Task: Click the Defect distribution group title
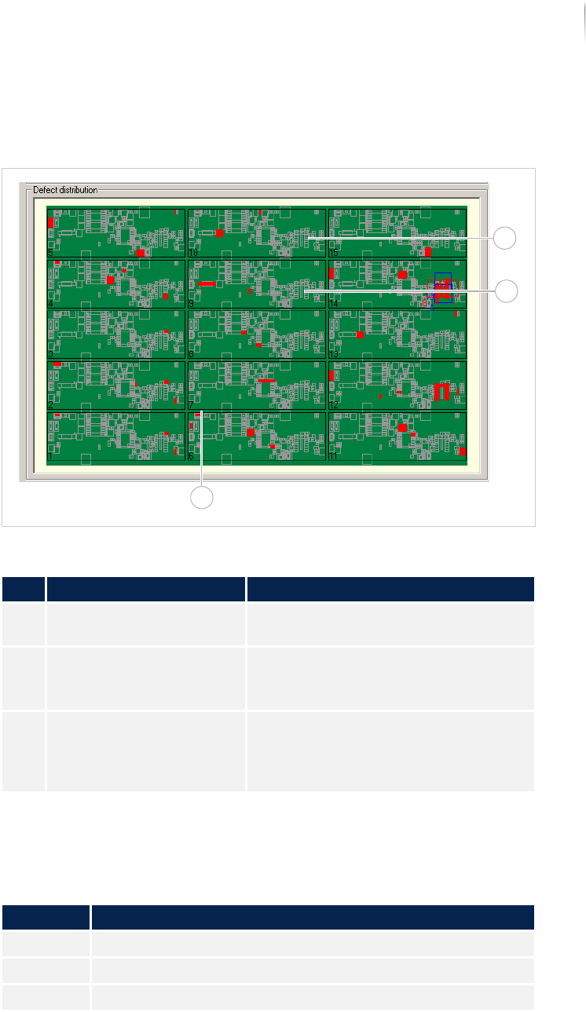tap(65, 190)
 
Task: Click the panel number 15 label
tap(334, 253)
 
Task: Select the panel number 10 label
tap(193, 253)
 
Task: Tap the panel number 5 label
tap(50, 253)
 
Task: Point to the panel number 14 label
tap(334, 303)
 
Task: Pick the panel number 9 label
tap(191, 303)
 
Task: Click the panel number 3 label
tap(50, 354)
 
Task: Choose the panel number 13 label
tap(334, 354)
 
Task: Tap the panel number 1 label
tap(50, 456)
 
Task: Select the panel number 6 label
tap(191, 456)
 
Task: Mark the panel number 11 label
tap(334, 456)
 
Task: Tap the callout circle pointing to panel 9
tap(507, 291)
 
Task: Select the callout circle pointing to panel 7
tap(203, 498)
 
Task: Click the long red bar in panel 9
tap(207, 283)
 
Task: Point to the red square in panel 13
tap(360, 334)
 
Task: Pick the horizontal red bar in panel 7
tap(266, 380)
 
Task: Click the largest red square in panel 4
tap(111, 279)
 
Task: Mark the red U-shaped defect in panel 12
tap(443, 391)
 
